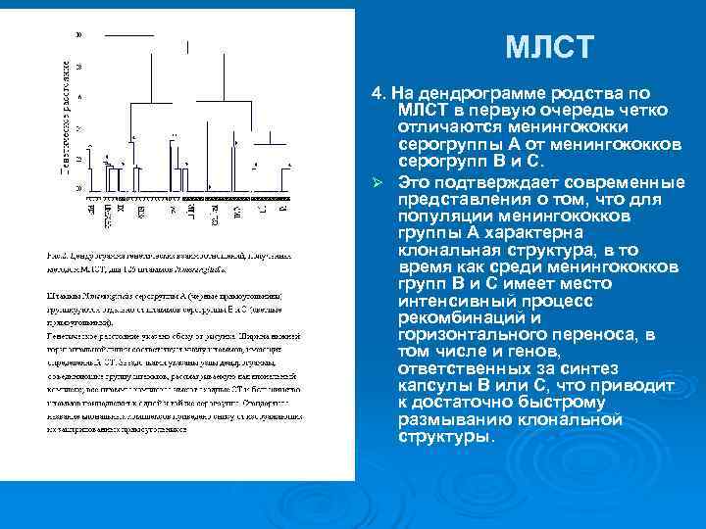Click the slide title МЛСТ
tap(550, 46)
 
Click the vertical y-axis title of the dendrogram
tap(65, 116)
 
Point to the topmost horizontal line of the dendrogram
tap(129, 34)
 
